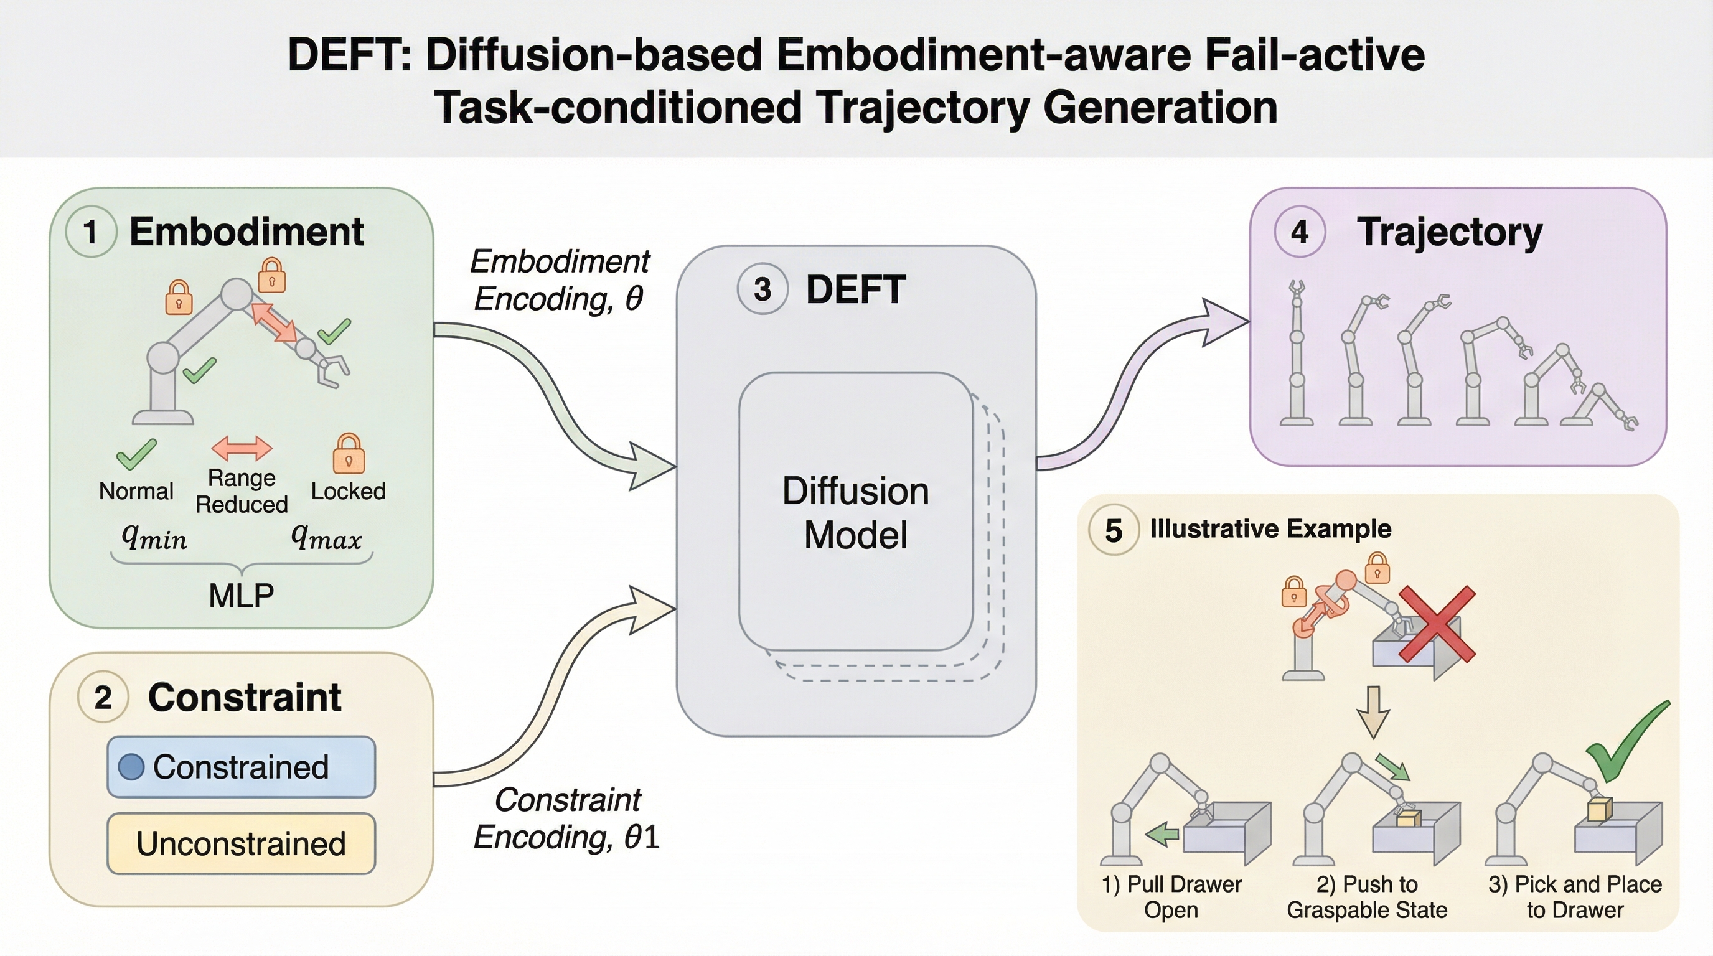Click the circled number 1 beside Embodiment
click(x=90, y=232)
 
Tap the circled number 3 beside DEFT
click(x=762, y=289)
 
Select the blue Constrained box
click(x=241, y=767)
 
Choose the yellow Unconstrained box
click(x=241, y=843)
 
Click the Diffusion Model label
click(x=855, y=513)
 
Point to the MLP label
click(x=241, y=596)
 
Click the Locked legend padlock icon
click(x=349, y=454)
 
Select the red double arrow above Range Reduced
click(x=242, y=448)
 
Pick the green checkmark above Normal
click(x=136, y=454)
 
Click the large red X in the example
click(x=1437, y=624)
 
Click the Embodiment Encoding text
click(x=559, y=280)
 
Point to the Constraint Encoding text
click(x=566, y=818)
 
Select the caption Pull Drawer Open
click(x=1171, y=897)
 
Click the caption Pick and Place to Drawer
click(x=1575, y=897)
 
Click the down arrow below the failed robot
click(x=1373, y=712)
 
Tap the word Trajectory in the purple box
click(x=1449, y=232)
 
